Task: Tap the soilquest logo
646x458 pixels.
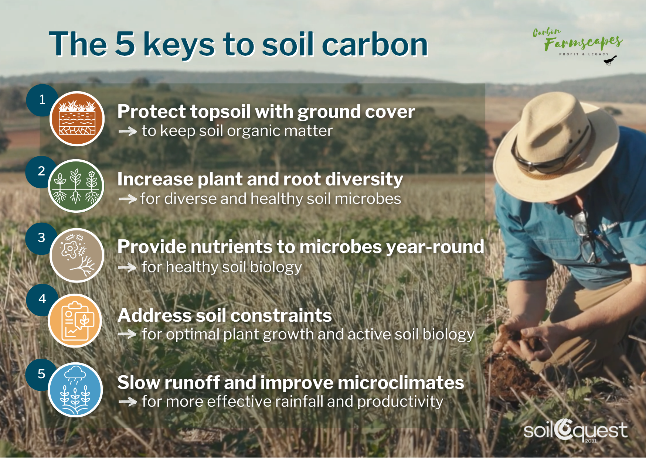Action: (x=575, y=431)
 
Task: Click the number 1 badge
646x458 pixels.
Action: (x=42, y=100)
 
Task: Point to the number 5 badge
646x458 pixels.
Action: (x=41, y=374)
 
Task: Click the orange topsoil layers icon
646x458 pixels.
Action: (x=77, y=119)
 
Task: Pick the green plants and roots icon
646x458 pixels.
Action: (x=76, y=186)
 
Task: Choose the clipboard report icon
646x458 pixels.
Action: (x=75, y=321)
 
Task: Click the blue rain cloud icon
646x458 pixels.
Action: (x=75, y=390)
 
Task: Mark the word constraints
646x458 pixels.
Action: (x=282, y=316)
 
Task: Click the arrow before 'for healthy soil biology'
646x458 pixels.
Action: (x=127, y=267)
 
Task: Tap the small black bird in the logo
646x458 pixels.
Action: (x=610, y=60)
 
